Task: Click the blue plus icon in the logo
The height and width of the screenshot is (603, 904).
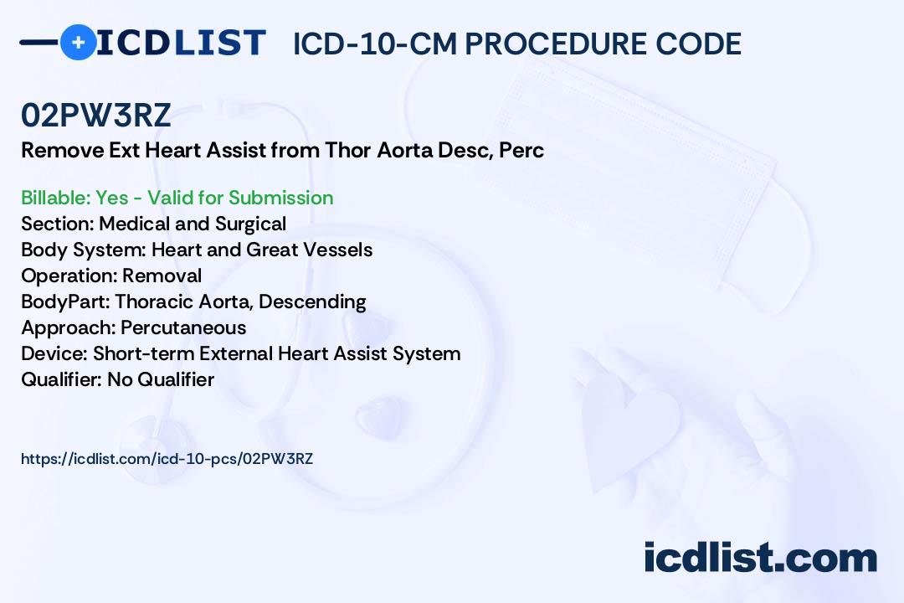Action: pyautogui.click(x=79, y=42)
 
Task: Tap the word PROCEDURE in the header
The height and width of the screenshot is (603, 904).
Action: pyautogui.click(x=555, y=44)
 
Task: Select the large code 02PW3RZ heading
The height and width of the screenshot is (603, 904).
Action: pyautogui.click(x=95, y=115)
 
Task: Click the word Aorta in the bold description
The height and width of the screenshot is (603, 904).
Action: pyautogui.click(x=405, y=150)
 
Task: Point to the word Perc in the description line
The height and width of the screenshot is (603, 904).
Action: pyautogui.click(x=521, y=150)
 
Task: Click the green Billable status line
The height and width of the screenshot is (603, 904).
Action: pyautogui.click(x=177, y=198)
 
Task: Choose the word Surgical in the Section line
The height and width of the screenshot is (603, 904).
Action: pyautogui.click(x=250, y=224)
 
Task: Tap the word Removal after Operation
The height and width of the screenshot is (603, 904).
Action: pyautogui.click(x=162, y=276)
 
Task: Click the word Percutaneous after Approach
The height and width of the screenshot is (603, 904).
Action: pyautogui.click(x=183, y=327)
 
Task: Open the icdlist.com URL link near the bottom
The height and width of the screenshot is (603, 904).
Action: pyautogui.click(x=167, y=459)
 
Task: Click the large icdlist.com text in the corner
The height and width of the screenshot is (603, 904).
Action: pyautogui.click(x=760, y=558)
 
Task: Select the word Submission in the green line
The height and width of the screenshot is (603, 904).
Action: pyautogui.click(x=280, y=198)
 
